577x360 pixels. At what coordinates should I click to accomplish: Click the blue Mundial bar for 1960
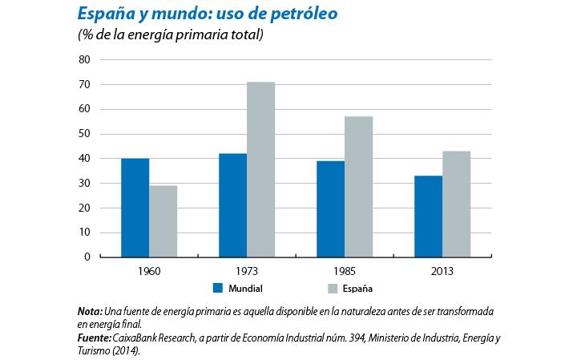coord(135,208)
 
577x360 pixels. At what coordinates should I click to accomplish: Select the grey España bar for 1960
coord(163,221)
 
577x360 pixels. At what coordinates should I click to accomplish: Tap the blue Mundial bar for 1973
coord(232,205)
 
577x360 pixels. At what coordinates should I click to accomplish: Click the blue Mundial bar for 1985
coord(330,209)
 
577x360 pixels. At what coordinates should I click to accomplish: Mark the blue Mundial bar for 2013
coord(428,216)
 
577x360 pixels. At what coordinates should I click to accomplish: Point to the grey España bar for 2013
coord(456,204)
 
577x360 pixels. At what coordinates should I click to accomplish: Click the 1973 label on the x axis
coord(246,272)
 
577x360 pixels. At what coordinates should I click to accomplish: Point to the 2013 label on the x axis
coord(442,272)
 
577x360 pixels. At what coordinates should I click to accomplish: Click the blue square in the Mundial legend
coord(216,287)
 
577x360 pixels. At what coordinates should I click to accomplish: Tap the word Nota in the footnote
coord(89,311)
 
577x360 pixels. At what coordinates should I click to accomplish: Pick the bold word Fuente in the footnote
coord(95,338)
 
